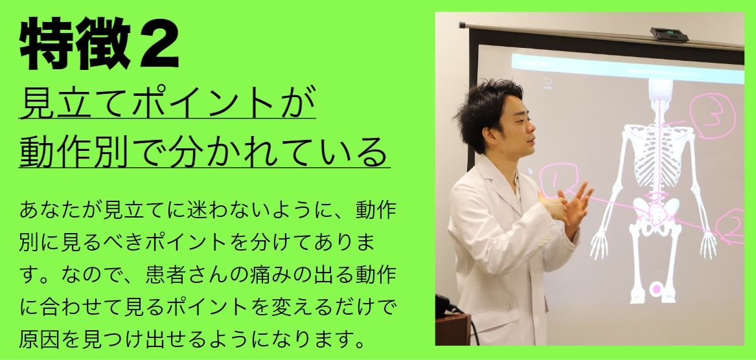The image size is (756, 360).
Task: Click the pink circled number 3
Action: point(712,116)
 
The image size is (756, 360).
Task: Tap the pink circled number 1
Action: point(559,182)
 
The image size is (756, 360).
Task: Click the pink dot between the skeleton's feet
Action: point(656,289)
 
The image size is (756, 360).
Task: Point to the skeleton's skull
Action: point(660,90)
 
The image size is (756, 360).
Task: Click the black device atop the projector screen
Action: point(669,34)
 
